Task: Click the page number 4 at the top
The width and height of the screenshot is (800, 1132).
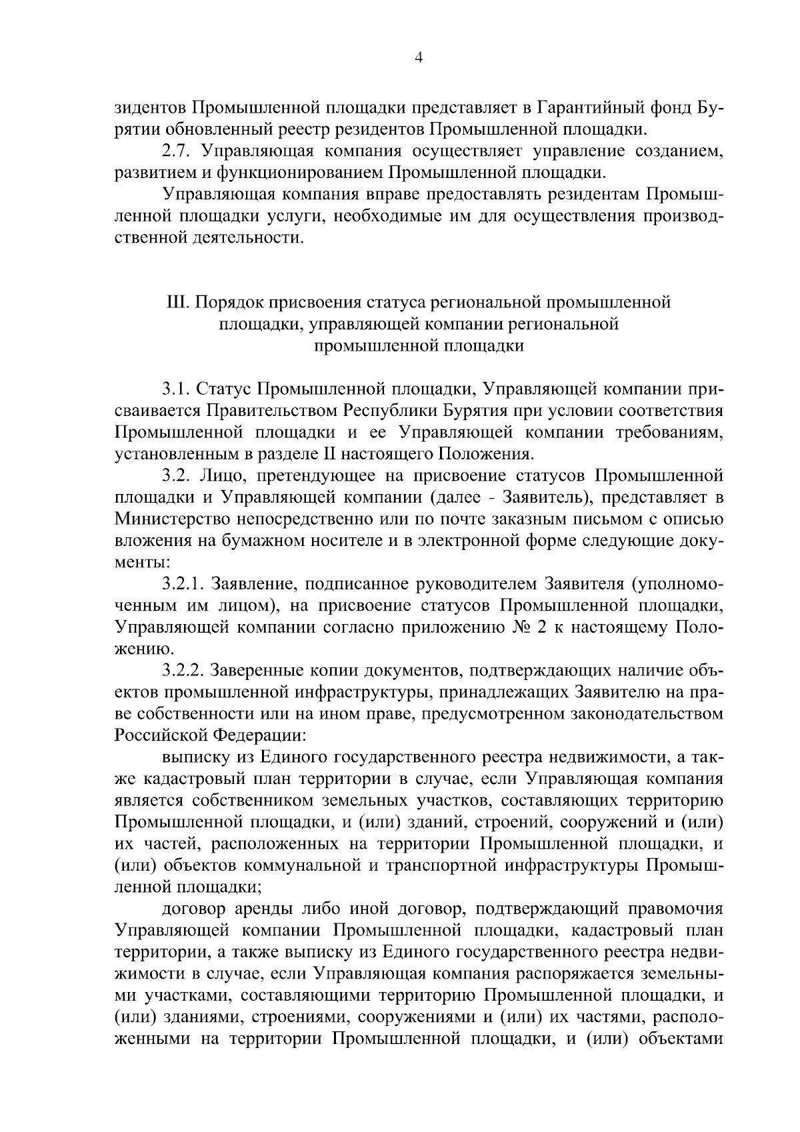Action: coord(419,58)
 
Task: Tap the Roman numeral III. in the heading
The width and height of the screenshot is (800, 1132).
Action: coord(178,303)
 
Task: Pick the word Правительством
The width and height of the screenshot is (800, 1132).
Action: coord(273,411)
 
